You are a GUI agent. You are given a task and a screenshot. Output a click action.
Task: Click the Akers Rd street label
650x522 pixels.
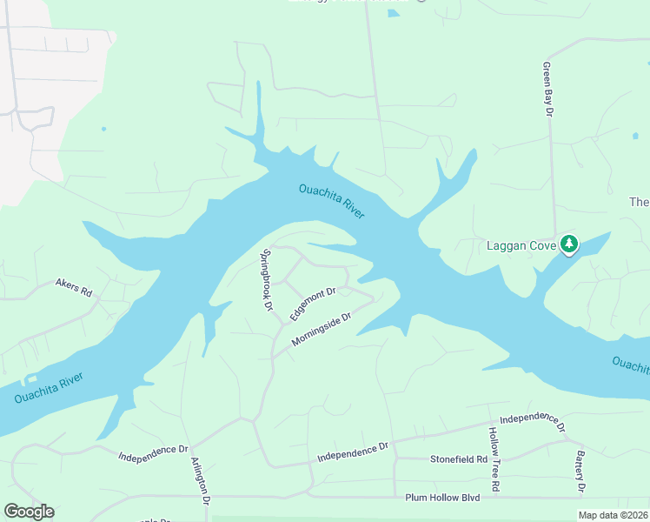(x=73, y=287)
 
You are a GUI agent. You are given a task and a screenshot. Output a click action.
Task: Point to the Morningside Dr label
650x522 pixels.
(x=321, y=330)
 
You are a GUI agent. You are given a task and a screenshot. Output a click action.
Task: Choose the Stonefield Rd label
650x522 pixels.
(x=459, y=458)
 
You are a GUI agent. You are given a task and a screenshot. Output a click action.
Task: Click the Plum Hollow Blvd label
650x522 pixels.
(x=442, y=498)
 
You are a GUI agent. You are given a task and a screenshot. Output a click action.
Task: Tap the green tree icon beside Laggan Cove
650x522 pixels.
(x=569, y=244)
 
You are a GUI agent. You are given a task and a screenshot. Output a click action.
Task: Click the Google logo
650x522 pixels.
(x=29, y=512)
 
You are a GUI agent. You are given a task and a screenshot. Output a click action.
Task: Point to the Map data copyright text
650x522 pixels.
(x=613, y=515)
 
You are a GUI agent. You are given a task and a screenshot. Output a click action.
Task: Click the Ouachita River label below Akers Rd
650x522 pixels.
(x=50, y=388)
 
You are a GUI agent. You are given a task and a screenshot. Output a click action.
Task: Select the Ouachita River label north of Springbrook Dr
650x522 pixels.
(x=332, y=201)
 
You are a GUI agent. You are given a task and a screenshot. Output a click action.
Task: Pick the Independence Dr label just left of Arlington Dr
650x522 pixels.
(x=153, y=452)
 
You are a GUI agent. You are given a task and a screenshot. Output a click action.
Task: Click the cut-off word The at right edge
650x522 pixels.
(x=640, y=202)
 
